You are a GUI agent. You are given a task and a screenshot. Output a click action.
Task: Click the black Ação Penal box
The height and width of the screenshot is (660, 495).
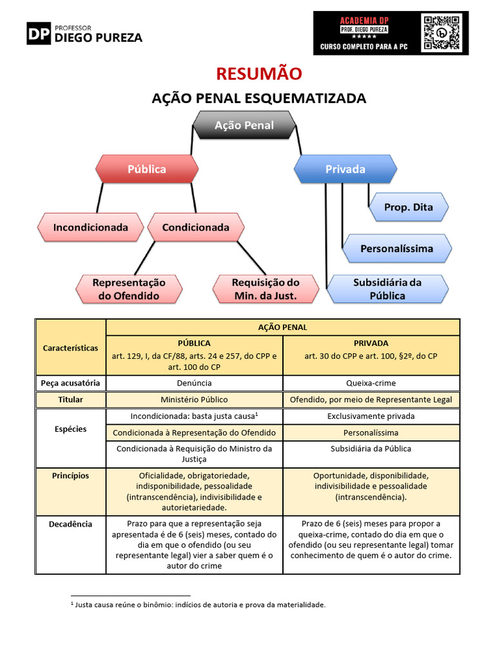pyautogui.click(x=244, y=125)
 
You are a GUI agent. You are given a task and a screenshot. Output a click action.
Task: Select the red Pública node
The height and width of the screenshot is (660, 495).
pyautogui.click(x=146, y=169)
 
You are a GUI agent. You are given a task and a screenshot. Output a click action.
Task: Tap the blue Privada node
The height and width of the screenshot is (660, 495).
pyautogui.click(x=345, y=169)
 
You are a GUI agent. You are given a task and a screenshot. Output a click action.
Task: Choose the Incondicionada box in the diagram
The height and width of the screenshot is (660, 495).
pyautogui.click(x=90, y=227)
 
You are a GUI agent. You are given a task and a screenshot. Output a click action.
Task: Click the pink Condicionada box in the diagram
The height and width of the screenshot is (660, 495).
pyautogui.click(x=195, y=227)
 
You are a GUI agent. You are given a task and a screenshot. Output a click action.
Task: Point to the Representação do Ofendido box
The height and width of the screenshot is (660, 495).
pyautogui.click(x=128, y=289)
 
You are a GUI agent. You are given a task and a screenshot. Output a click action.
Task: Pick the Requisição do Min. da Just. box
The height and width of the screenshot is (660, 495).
pyautogui.click(x=266, y=289)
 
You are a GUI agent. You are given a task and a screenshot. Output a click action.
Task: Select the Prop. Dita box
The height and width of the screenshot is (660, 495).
pyautogui.click(x=408, y=207)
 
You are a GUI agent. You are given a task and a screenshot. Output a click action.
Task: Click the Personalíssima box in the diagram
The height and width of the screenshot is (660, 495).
pyautogui.click(x=396, y=248)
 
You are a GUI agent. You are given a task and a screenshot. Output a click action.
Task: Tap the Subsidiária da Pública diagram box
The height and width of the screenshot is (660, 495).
pyautogui.click(x=387, y=289)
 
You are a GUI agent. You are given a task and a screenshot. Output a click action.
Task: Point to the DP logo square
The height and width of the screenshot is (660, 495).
pyautogui.click(x=38, y=33)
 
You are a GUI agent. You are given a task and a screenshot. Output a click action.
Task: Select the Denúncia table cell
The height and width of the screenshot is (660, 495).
pyautogui.click(x=194, y=383)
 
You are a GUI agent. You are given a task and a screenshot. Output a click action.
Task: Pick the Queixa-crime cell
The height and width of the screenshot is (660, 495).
pyautogui.click(x=371, y=383)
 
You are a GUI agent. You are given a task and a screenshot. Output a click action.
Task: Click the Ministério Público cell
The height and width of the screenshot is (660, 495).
pyautogui.click(x=194, y=400)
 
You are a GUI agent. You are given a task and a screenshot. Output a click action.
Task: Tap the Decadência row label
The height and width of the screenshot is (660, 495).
pyautogui.click(x=70, y=524)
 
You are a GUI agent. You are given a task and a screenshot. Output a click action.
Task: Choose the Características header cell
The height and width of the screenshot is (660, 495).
pyautogui.click(x=70, y=347)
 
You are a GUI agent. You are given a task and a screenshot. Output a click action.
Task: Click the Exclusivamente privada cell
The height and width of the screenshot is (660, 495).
pyautogui.click(x=371, y=416)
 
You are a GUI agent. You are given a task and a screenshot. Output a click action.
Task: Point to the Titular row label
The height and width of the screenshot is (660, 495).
pyautogui.click(x=70, y=400)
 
